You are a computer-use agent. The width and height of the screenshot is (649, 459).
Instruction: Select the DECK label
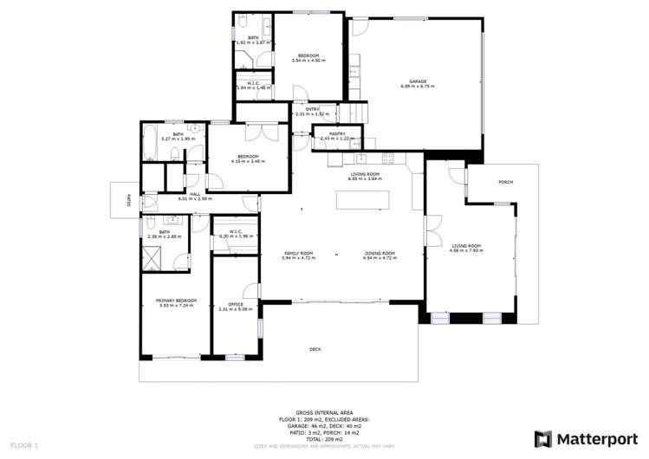click(315, 349)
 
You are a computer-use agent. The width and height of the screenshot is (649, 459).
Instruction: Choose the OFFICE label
click(235, 304)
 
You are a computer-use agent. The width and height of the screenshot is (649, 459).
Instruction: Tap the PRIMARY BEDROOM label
click(176, 301)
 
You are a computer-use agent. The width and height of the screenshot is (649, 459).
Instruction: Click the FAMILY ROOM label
click(298, 253)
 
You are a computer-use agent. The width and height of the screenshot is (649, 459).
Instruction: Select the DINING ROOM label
click(380, 253)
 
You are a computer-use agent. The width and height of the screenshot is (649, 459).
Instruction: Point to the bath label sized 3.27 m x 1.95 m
click(178, 134)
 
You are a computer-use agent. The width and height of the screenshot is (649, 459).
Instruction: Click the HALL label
click(195, 194)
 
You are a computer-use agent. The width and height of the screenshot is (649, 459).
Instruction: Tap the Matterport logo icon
click(542, 438)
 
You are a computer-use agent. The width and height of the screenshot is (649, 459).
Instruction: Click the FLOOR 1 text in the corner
click(23, 445)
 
